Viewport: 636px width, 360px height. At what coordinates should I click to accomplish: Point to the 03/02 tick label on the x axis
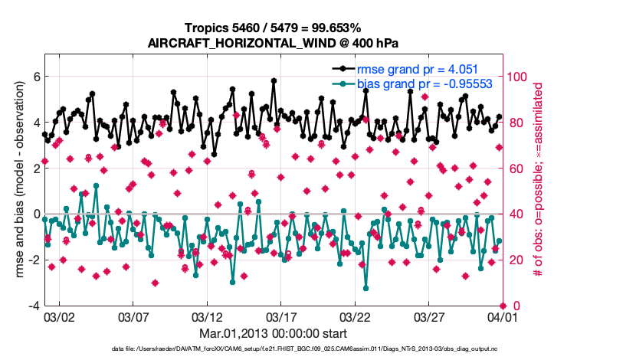click(x=59, y=316)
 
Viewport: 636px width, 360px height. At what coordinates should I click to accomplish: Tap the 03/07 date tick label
click(x=133, y=316)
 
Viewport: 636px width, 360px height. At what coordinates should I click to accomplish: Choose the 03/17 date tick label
click(x=280, y=316)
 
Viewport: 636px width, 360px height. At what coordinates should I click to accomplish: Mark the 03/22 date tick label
click(x=355, y=316)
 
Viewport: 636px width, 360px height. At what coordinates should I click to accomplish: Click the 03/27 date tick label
click(x=428, y=316)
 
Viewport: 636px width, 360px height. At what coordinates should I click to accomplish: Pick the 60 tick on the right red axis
click(x=515, y=169)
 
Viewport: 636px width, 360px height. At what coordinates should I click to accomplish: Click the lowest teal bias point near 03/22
click(x=366, y=288)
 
